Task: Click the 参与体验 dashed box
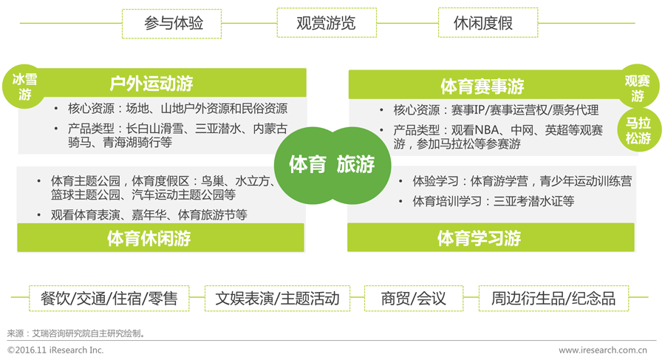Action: tap(173, 23)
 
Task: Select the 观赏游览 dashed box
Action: tap(326, 23)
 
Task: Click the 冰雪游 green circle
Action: tap(25, 87)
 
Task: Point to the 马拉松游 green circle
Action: tap(638, 130)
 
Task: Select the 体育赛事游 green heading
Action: tap(482, 85)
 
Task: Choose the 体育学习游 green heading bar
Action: tap(479, 238)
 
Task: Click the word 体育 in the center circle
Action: tap(307, 163)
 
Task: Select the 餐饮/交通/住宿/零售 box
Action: tap(109, 298)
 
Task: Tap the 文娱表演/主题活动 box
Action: tap(277, 298)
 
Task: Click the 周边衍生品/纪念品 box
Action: tap(553, 298)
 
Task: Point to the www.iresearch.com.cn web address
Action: tap(602, 350)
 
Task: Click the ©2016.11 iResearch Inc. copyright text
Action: tap(55, 350)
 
